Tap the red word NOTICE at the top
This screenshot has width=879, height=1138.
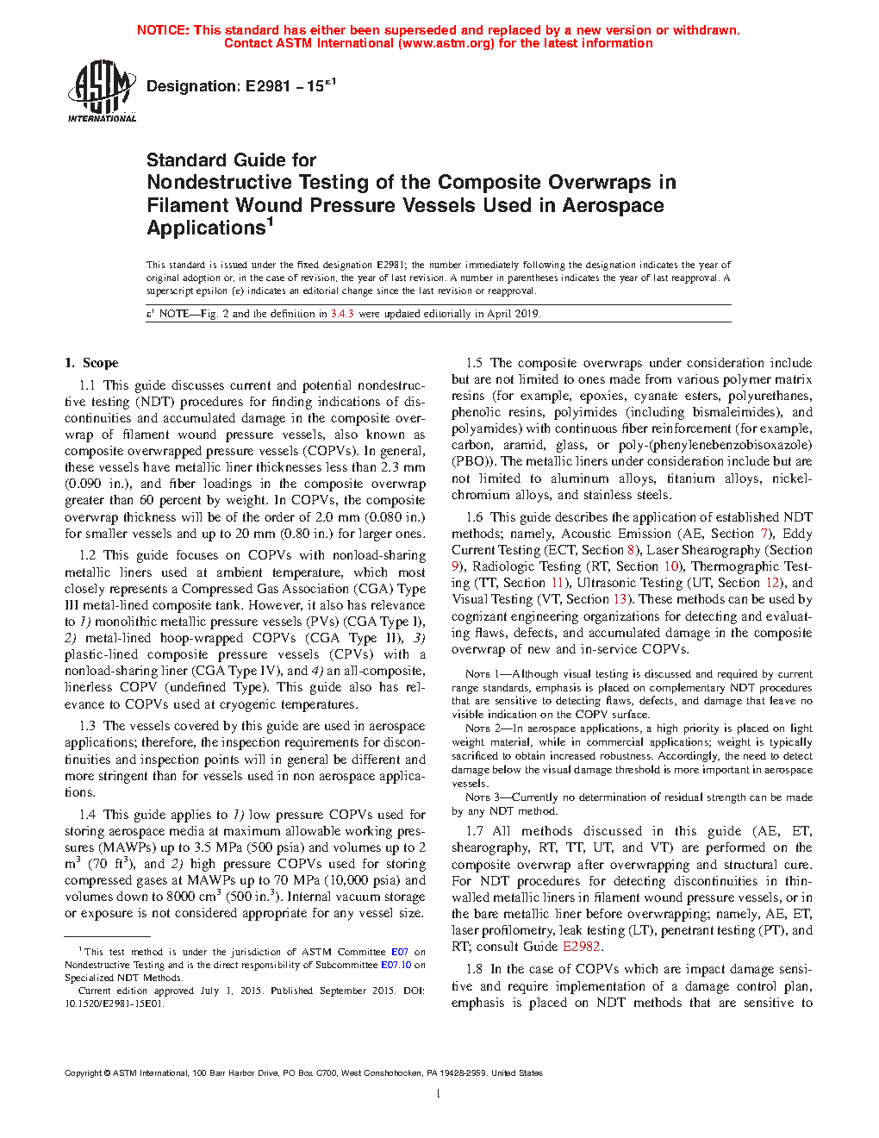163,30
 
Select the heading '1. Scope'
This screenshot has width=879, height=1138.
91,363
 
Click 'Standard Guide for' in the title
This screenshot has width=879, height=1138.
231,160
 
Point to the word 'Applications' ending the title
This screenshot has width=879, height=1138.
207,228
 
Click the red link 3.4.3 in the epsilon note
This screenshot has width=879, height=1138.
342,314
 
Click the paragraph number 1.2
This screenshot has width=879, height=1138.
87,555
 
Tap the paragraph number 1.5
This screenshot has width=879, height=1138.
474,363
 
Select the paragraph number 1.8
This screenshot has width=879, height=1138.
474,969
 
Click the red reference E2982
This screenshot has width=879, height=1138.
581,947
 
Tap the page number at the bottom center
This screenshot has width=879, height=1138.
439,1094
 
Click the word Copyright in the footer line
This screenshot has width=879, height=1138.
83,1073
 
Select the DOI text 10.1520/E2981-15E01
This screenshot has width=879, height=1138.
114,1004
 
